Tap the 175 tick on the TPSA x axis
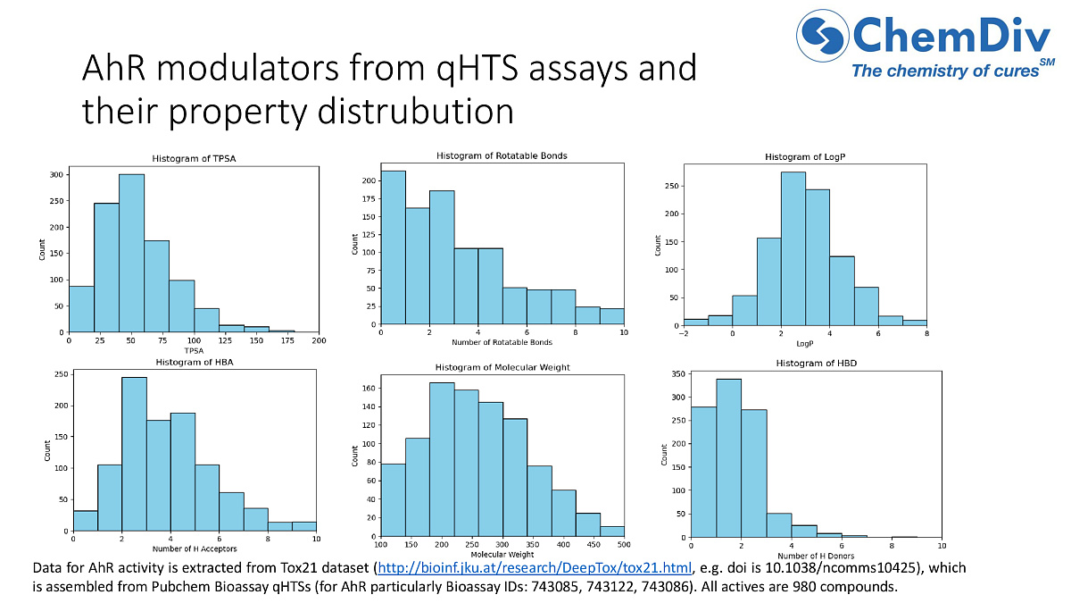tap(294, 340)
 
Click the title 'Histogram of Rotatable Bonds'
tap(502, 155)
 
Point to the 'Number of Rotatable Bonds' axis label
tap(502, 343)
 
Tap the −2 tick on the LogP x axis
tap(683, 333)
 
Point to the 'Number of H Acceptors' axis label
tap(194, 548)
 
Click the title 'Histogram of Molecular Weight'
tap(502, 367)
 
